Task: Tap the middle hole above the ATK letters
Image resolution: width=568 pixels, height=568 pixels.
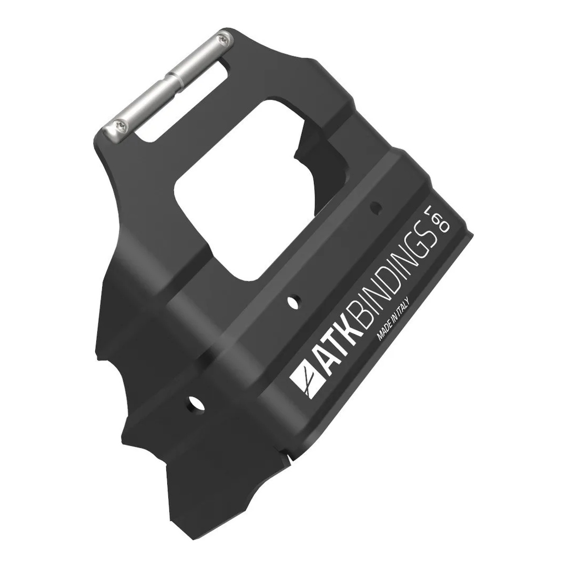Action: [293, 301]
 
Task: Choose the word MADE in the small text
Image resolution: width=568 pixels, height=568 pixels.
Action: [383, 335]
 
